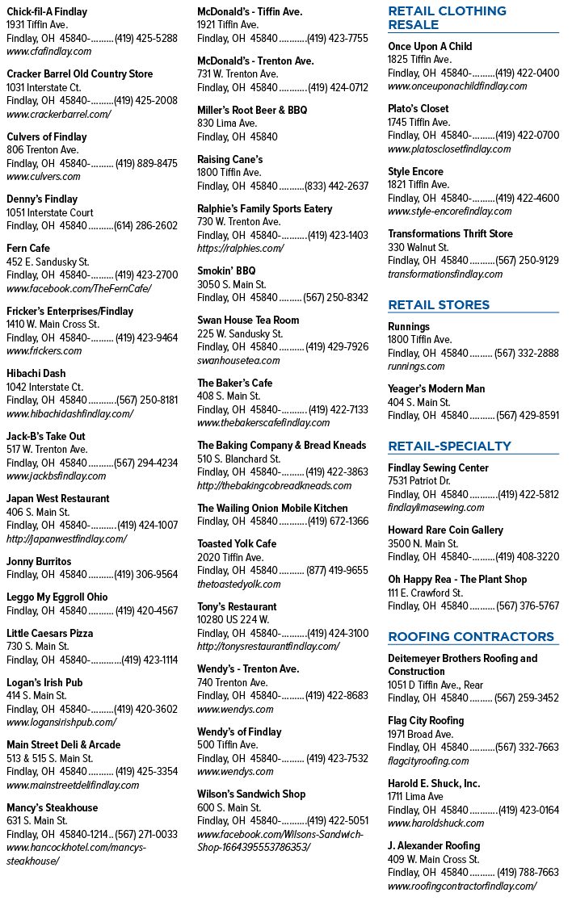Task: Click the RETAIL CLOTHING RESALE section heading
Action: coord(448,18)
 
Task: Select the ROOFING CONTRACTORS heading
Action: coord(471,637)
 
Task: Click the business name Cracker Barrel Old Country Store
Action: coord(80,74)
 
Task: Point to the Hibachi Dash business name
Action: coord(36,374)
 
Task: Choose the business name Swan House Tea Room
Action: coord(248,320)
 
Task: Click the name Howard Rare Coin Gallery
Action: coord(445,530)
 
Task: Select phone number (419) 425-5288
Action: coord(146,39)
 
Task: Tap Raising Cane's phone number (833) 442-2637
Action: coord(336,186)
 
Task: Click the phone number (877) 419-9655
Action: coord(337,571)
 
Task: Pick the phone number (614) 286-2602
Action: coord(146,226)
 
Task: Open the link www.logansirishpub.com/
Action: coord(61,723)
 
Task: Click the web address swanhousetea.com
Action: coord(238,361)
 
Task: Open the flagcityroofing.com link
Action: coord(428,761)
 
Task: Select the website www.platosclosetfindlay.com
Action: coord(449,149)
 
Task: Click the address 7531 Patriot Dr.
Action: coord(419,481)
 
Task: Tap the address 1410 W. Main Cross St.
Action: coord(53,325)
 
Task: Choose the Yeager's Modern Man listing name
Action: coord(436,389)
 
